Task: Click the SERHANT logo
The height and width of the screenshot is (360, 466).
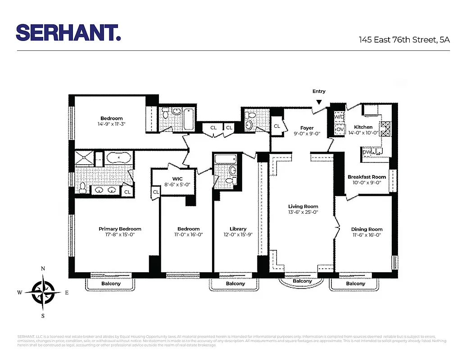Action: (68, 32)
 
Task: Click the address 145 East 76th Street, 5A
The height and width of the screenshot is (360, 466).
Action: (404, 40)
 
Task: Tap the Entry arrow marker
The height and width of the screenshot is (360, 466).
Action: (319, 102)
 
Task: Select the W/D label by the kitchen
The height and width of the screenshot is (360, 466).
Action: (339, 117)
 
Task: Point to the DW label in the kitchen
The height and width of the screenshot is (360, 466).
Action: (367, 152)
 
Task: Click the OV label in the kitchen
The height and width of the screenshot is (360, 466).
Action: (339, 129)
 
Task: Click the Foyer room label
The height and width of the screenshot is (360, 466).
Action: (307, 128)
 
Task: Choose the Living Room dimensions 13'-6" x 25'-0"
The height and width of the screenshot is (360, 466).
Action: (303, 212)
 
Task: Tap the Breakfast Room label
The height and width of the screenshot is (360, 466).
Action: (366, 177)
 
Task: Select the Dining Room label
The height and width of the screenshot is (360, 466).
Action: (366, 229)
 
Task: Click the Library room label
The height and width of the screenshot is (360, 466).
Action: (238, 229)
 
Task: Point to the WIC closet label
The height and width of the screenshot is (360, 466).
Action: (177, 179)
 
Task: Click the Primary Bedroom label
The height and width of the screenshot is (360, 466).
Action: (120, 229)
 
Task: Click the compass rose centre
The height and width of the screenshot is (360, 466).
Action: (43, 292)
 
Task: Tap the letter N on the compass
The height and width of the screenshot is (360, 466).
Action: (43, 269)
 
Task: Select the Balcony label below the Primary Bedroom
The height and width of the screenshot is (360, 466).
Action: (111, 283)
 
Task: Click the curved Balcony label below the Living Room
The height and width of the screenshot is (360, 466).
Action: (302, 281)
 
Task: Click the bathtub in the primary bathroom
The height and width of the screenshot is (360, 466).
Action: (118, 159)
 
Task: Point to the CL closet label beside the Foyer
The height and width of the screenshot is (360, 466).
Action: (277, 126)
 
